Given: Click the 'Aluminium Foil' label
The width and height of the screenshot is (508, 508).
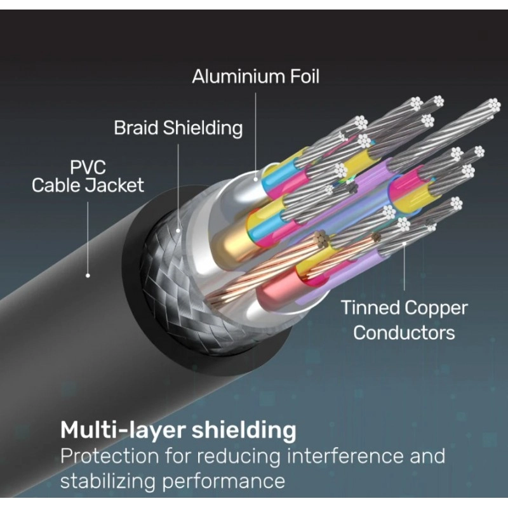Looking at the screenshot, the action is pos(256,77).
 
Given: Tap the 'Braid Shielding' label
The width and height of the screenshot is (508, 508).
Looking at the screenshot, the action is pos(178,128).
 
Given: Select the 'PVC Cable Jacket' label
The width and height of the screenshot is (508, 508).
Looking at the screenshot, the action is pos(88,177).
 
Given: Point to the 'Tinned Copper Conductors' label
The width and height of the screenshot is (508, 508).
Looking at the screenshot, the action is pos(404,320).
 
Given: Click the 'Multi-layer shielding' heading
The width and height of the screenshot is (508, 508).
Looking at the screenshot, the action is pos(178,430).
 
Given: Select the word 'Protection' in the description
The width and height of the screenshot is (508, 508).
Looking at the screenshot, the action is pos(109,456).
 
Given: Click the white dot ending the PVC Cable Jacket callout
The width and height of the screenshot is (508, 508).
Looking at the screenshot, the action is pos(88,276).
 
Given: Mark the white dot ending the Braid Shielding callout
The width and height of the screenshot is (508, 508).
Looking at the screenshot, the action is pos(178,231).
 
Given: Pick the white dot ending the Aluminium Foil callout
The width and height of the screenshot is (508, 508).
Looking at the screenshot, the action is pos(256,178).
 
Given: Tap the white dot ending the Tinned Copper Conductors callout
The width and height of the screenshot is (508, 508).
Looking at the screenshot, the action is pos(404,243).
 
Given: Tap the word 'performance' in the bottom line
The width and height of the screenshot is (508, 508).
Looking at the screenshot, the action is pos(224,481).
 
